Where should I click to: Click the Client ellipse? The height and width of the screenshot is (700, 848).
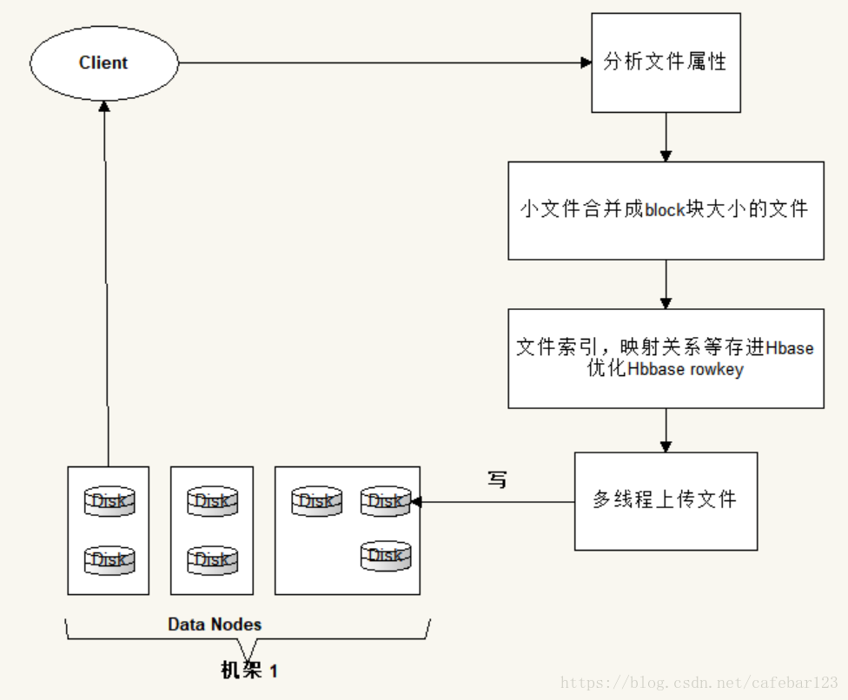pyautogui.click(x=104, y=63)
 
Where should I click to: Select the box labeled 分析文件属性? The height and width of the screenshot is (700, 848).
pyautogui.click(x=666, y=63)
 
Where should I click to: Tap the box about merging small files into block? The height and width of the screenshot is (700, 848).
pyautogui.click(x=666, y=210)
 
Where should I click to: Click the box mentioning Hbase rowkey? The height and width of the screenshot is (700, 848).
pyautogui.click(x=666, y=359)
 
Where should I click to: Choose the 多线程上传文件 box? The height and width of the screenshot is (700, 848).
pyautogui.click(x=666, y=501)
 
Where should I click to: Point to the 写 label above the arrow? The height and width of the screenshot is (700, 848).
pyautogui.click(x=497, y=479)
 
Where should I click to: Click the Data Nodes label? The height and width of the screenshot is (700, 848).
pyautogui.click(x=215, y=624)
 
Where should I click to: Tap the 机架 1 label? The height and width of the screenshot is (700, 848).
pyautogui.click(x=249, y=670)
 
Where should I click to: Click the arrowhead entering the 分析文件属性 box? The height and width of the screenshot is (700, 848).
pyautogui.click(x=586, y=63)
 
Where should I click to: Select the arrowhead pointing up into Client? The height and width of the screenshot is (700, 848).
pyautogui.click(x=104, y=106)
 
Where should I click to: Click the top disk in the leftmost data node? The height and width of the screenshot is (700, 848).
pyautogui.click(x=109, y=501)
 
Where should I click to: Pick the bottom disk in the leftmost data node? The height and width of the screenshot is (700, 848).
pyautogui.click(x=109, y=559)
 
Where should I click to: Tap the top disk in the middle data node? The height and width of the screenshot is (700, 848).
pyautogui.click(x=212, y=501)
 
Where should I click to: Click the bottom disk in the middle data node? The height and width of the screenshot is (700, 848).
pyautogui.click(x=212, y=559)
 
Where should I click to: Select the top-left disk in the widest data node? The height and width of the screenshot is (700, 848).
pyautogui.click(x=316, y=501)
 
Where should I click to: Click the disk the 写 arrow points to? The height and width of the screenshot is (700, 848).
pyautogui.click(x=386, y=501)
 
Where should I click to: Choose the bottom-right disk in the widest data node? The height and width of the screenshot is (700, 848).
pyautogui.click(x=386, y=556)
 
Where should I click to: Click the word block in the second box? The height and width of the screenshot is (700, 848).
pyautogui.click(x=666, y=209)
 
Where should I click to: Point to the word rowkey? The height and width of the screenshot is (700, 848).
pyautogui.click(x=717, y=370)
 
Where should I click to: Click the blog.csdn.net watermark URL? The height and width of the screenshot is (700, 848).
pyautogui.click(x=699, y=683)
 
